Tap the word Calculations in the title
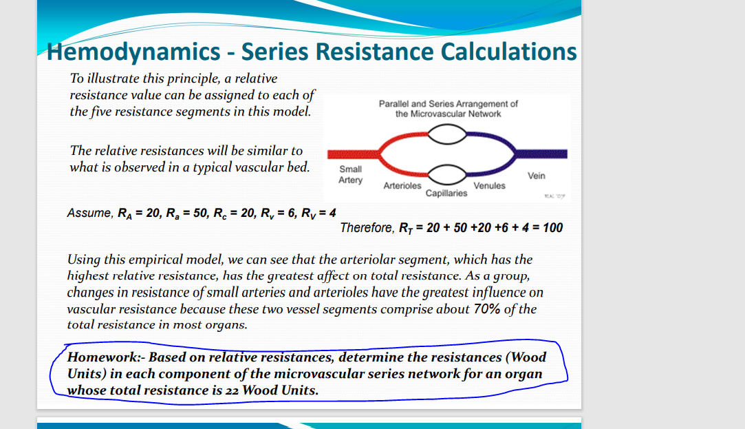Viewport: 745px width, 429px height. (x=508, y=52)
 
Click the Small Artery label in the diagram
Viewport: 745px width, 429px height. (x=351, y=174)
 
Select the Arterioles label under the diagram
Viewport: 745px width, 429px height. (x=402, y=186)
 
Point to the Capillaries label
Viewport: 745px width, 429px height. (x=446, y=193)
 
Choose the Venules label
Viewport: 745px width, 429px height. (x=489, y=186)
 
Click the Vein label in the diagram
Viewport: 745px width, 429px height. (x=537, y=176)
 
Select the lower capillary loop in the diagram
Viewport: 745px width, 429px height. (x=447, y=175)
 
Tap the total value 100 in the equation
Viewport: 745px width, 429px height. (x=552, y=228)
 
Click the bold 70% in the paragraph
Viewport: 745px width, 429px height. (x=488, y=309)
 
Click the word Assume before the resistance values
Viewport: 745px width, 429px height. (x=89, y=213)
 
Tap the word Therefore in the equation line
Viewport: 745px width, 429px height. (x=367, y=228)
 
